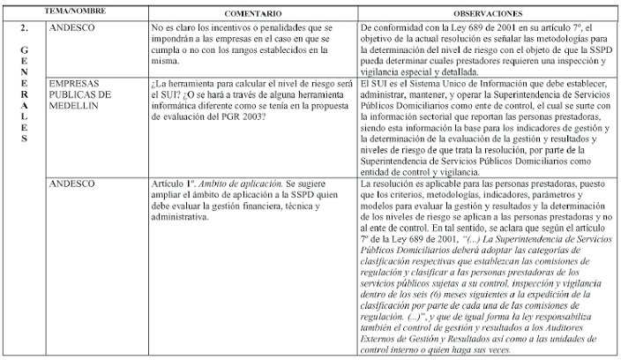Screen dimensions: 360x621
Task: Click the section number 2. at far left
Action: [23, 28]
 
